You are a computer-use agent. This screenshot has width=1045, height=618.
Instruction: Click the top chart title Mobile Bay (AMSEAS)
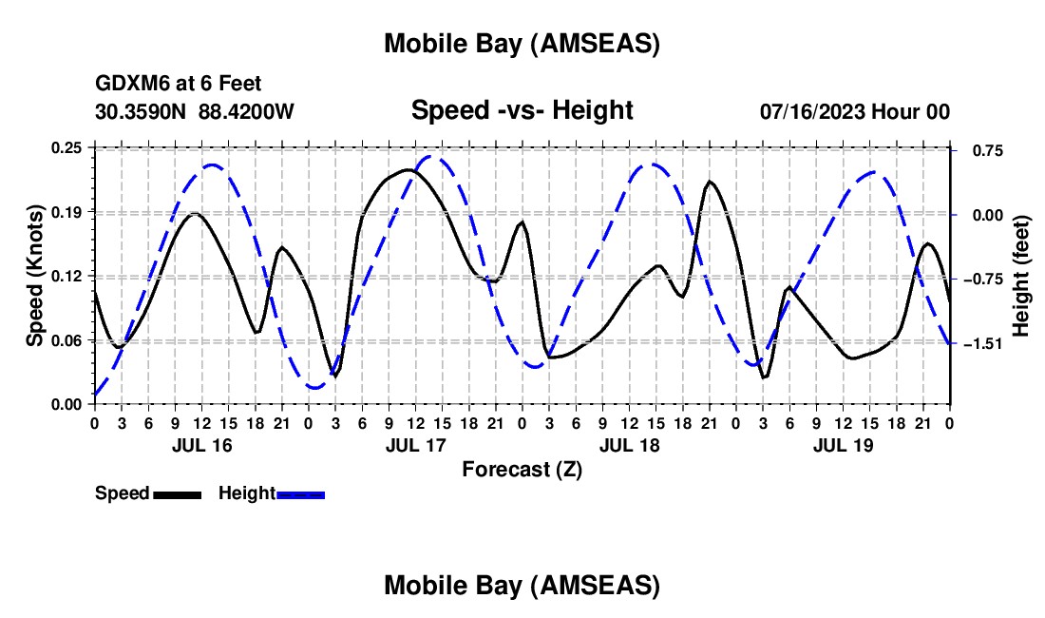522,44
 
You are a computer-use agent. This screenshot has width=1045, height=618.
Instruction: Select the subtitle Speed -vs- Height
522,110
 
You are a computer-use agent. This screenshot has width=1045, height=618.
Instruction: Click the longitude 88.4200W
246,111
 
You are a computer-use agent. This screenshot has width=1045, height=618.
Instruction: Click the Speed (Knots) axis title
35,276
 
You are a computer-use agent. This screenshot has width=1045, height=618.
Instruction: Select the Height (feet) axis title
1021,276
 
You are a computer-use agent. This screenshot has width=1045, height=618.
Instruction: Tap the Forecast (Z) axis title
522,468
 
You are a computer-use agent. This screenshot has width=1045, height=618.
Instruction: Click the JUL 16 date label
200,445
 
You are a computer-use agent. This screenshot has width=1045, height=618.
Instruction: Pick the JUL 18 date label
628,445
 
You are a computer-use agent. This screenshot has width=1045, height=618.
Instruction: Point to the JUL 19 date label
842,445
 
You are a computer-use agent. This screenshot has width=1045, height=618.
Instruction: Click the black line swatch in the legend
177,493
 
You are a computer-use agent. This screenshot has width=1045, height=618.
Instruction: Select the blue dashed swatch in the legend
300,493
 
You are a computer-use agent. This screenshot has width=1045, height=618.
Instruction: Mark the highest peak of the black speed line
408,169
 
